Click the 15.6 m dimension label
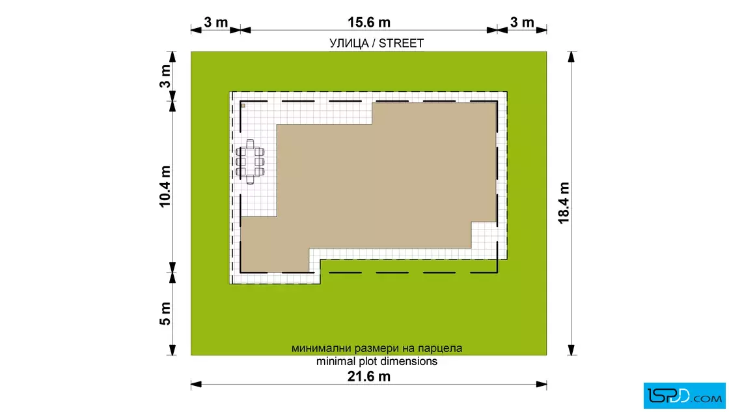[x=368, y=22]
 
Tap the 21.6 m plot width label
[x=368, y=376]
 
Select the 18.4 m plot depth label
[x=564, y=203]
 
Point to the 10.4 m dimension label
[x=165, y=186]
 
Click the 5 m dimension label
[x=165, y=314]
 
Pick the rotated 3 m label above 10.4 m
[x=165, y=76]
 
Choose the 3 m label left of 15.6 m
[x=215, y=22]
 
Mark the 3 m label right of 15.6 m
[x=522, y=22]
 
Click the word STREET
[x=401, y=43]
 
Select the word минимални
[x=322, y=348]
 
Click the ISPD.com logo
[x=684, y=396]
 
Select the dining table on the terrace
[x=250, y=162]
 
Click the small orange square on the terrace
[x=243, y=106]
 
